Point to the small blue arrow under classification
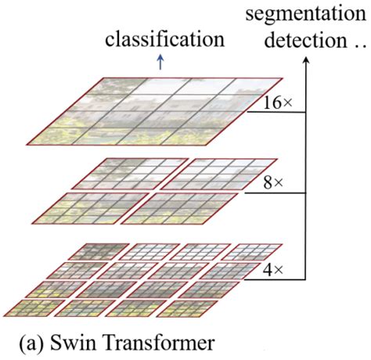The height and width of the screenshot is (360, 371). pyautogui.click(x=161, y=64)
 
